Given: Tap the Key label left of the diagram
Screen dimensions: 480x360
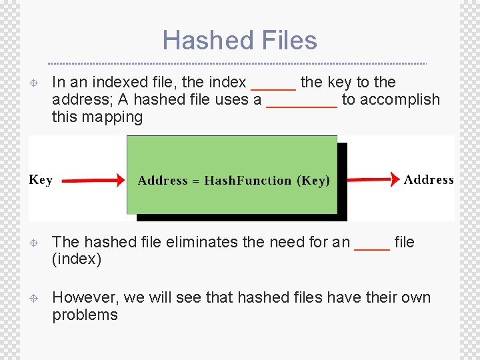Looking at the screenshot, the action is (x=41, y=179).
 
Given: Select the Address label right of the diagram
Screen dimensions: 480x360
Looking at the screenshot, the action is (x=429, y=179).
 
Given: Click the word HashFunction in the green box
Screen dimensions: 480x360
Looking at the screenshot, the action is (x=248, y=181).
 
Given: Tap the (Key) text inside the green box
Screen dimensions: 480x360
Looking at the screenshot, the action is (x=313, y=181).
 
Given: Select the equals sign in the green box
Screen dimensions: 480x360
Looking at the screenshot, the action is (x=196, y=181).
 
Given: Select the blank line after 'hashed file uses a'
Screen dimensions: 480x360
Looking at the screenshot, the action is (x=302, y=105).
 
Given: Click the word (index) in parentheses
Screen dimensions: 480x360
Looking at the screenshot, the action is (x=77, y=259).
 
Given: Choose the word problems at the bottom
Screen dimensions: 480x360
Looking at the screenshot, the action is (x=85, y=315).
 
